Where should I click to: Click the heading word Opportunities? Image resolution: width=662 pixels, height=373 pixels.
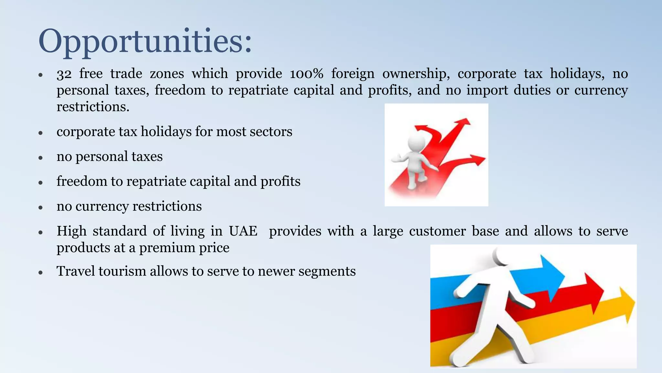click(x=144, y=41)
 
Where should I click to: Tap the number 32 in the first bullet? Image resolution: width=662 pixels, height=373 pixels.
click(x=64, y=74)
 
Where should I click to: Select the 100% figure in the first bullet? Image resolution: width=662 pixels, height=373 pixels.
click(x=306, y=74)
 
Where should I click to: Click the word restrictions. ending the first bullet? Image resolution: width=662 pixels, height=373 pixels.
click(x=93, y=107)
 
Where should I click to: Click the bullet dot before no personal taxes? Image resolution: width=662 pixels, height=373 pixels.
click(x=40, y=158)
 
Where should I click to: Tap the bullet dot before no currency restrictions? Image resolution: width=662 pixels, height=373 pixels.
click(x=40, y=207)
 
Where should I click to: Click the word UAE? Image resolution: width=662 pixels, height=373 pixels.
click(x=243, y=231)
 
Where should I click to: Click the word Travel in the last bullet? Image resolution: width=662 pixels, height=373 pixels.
click(x=75, y=271)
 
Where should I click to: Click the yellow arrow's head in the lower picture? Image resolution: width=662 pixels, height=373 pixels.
click(x=627, y=304)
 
